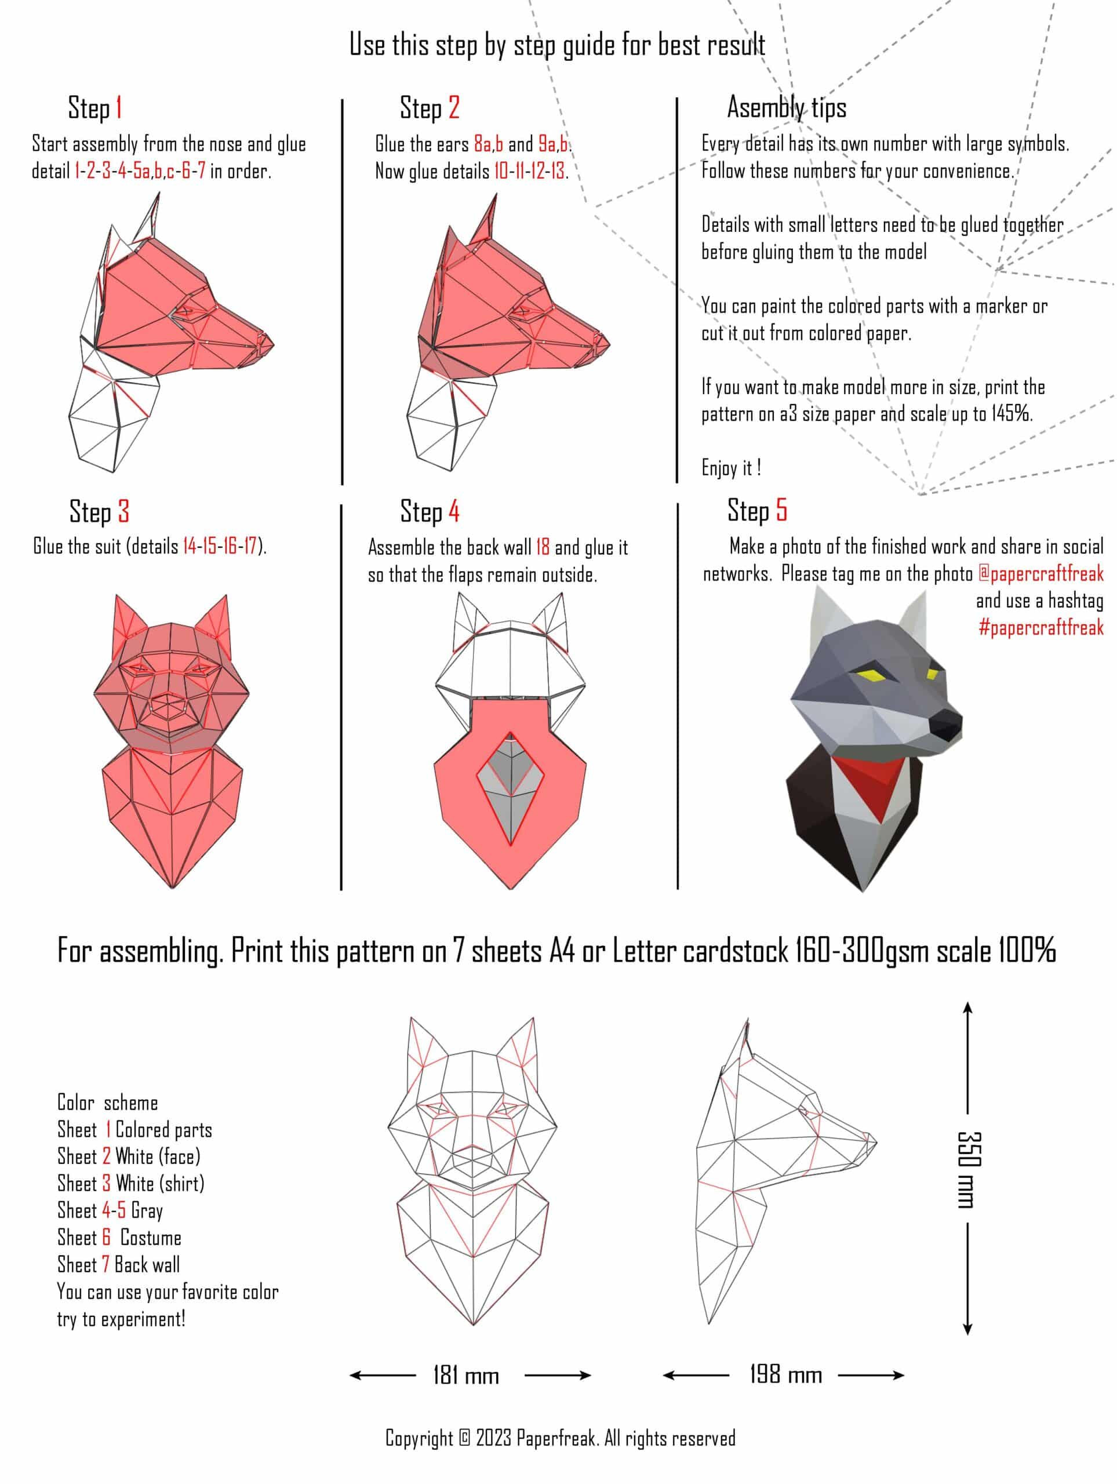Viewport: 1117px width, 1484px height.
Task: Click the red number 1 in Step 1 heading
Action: [118, 107]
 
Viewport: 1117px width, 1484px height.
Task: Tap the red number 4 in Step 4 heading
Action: [454, 511]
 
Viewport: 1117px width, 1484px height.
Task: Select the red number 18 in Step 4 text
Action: [543, 547]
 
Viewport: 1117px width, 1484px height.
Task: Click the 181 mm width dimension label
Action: [466, 1376]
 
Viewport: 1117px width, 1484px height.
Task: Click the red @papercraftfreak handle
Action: [1040, 574]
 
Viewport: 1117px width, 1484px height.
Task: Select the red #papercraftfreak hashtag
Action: [1041, 627]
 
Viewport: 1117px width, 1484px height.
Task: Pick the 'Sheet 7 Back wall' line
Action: [119, 1265]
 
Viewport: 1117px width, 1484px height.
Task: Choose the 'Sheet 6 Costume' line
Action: [119, 1237]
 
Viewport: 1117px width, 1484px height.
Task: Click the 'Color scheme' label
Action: [107, 1102]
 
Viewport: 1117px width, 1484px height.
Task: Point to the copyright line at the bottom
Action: [560, 1438]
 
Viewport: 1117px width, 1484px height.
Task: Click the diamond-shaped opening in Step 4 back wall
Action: [511, 789]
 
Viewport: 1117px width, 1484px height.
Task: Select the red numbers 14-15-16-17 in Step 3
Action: [220, 545]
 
